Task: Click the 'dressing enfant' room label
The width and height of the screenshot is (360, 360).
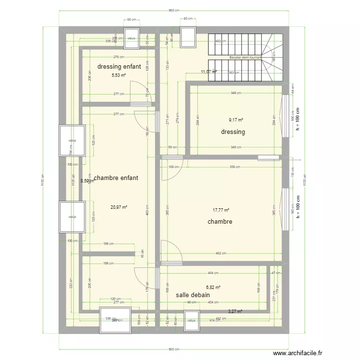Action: (119, 67)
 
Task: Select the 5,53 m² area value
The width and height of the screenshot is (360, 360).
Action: (119, 75)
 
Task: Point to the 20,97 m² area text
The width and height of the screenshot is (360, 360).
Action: (119, 207)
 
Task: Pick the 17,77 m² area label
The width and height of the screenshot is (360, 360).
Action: (221, 210)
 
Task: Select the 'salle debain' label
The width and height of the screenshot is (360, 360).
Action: (192, 295)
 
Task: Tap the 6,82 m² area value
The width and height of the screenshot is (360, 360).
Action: (213, 288)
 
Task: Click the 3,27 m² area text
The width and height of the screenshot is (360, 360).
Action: (235, 311)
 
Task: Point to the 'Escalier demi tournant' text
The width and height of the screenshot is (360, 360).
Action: (249, 58)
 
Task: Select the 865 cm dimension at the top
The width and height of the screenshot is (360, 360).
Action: (174, 10)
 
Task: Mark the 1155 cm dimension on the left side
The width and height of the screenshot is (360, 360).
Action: (43, 181)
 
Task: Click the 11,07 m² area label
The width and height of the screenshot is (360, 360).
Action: (208, 72)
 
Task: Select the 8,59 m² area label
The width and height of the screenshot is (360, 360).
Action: (87, 181)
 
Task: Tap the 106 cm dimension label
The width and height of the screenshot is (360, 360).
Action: (174, 167)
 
